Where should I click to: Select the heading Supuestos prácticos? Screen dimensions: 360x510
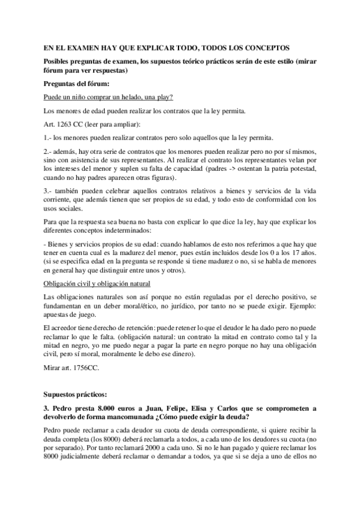76,395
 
